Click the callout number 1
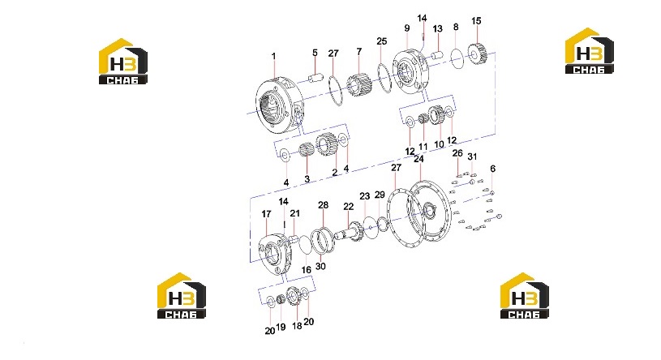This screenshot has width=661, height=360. click(273, 56)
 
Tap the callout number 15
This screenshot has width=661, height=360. click(476, 20)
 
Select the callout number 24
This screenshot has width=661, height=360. click(418, 159)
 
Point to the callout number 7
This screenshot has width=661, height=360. click(358, 51)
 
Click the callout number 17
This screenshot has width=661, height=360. click(266, 214)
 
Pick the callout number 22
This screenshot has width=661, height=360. click(348, 207)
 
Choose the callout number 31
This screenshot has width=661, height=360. click(472, 156)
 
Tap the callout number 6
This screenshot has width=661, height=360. click(493, 169)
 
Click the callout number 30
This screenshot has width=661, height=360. click(320, 266)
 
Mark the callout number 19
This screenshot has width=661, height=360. click(281, 327)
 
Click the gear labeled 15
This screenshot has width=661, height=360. click(478, 54)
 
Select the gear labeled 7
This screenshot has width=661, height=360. click(359, 83)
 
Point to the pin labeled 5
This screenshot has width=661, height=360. click(315, 79)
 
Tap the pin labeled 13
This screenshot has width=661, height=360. click(438, 55)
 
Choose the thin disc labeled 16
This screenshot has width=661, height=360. click(306, 246)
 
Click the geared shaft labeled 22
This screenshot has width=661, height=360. click(350, 234)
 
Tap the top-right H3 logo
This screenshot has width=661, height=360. click(590, 50)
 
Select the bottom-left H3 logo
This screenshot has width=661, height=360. click(182, 295)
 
